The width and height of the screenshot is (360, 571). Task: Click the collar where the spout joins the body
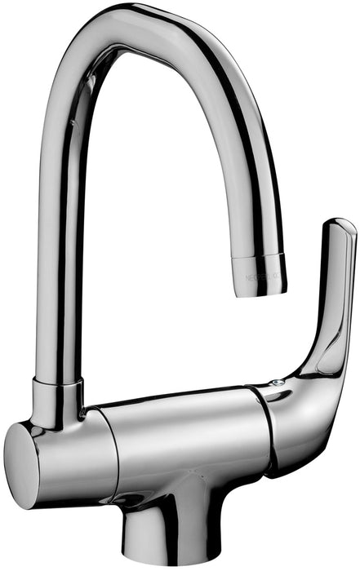57,401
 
